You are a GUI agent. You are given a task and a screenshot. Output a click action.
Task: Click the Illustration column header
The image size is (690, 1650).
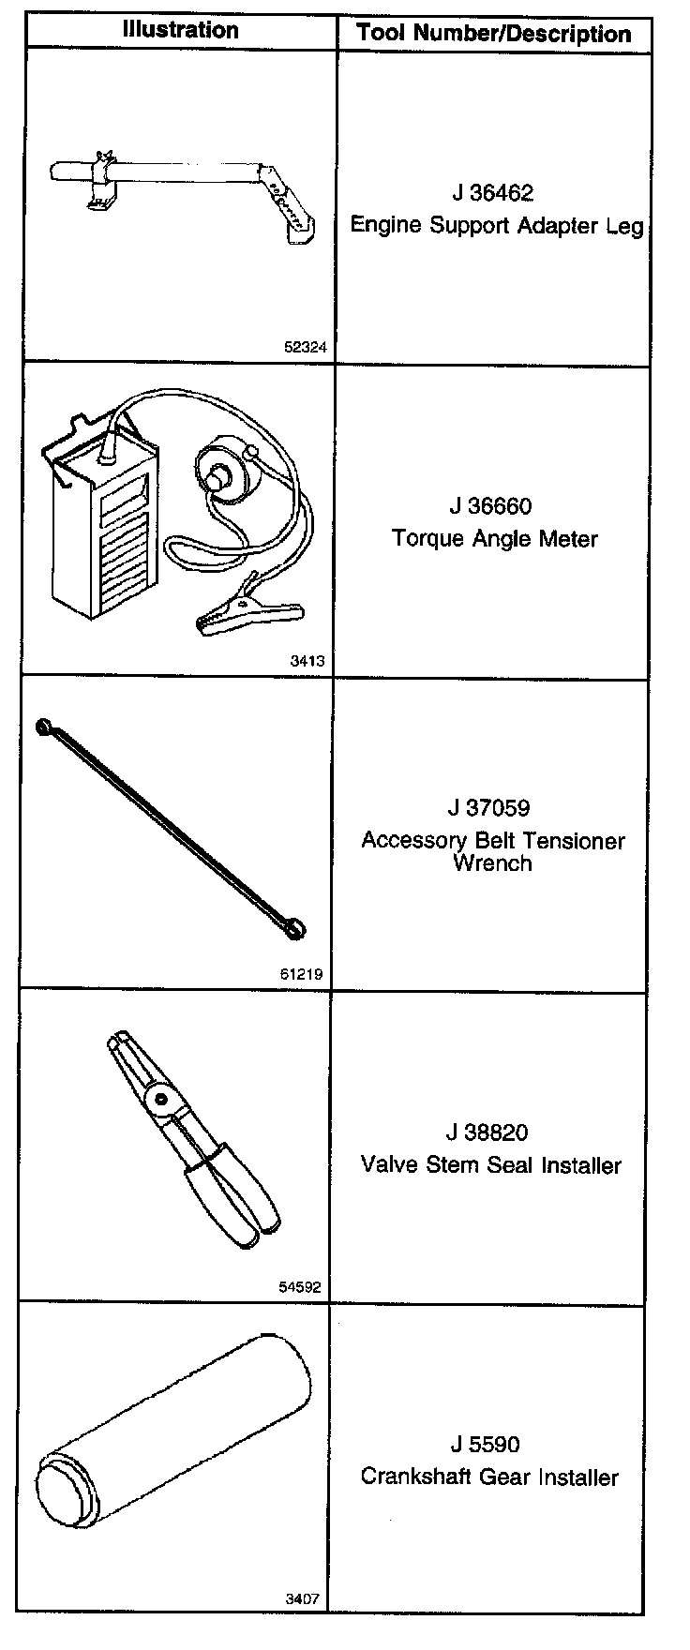tap(181, 30)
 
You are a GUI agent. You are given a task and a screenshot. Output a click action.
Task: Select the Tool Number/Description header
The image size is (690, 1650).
tap(493, 35)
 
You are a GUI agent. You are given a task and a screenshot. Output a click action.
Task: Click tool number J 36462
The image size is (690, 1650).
tap(492, 193)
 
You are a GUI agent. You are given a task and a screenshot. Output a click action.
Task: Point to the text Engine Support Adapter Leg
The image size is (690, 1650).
tap(497, 226)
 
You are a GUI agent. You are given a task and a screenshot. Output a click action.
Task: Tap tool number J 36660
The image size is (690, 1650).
tap(490, 507)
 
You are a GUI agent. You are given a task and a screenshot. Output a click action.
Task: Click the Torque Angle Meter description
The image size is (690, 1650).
tap(494, 539)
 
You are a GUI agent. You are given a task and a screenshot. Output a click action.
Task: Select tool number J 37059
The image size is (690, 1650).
tap(488, 808)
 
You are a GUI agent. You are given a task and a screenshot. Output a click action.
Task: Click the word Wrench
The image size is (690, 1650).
tap(492, 863)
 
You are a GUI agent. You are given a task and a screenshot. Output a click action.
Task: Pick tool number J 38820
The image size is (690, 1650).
tap(488, 1132)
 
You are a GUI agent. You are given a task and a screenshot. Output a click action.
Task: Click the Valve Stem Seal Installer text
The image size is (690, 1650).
tap(491, 1165)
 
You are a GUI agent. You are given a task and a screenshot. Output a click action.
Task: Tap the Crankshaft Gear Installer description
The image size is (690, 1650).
tap(489, 1477)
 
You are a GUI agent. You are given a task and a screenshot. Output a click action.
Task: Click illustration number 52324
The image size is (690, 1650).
tap(305, 347)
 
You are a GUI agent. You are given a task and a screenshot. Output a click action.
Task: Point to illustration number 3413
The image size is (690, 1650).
tap(307, 661)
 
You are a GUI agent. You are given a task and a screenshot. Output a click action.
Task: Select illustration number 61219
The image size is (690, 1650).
tap(301, 974)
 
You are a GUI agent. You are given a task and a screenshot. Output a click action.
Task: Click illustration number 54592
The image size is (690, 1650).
tap(300, 1287)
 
